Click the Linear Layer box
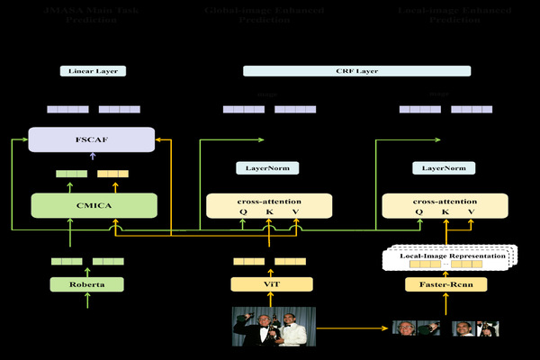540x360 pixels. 93,70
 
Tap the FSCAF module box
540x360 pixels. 93,139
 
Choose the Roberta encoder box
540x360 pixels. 86,284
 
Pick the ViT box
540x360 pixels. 271,284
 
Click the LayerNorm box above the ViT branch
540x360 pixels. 267,167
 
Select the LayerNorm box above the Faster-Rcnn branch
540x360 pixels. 444,167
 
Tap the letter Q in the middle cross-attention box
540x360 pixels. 242,212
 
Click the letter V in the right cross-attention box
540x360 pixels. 472,212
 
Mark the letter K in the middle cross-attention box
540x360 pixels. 269,212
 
